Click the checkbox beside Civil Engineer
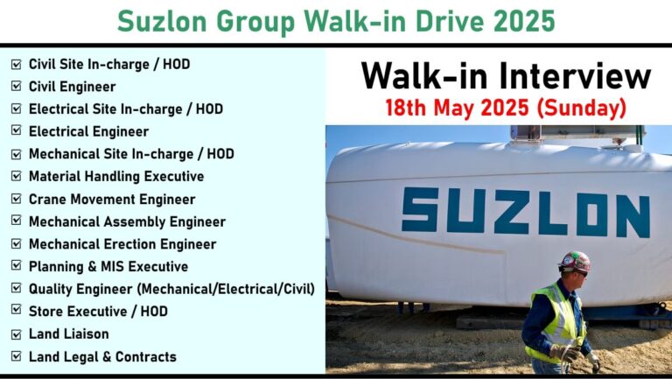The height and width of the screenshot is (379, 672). [17, 86]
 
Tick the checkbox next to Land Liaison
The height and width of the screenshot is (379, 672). [17, 334]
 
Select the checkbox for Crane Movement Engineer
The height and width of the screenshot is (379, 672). [17, 199]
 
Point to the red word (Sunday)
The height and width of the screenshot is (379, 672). [582, 108]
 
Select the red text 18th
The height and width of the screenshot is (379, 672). [405, 108]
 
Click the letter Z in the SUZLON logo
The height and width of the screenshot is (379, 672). [514, 212]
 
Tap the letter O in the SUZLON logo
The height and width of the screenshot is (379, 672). [591, 214]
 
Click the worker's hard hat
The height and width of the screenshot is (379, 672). [574, 261]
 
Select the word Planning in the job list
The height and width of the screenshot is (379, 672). [56, 267]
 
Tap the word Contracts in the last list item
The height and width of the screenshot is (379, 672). [146, 357]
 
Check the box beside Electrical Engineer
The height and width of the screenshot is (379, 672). [17, 130]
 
